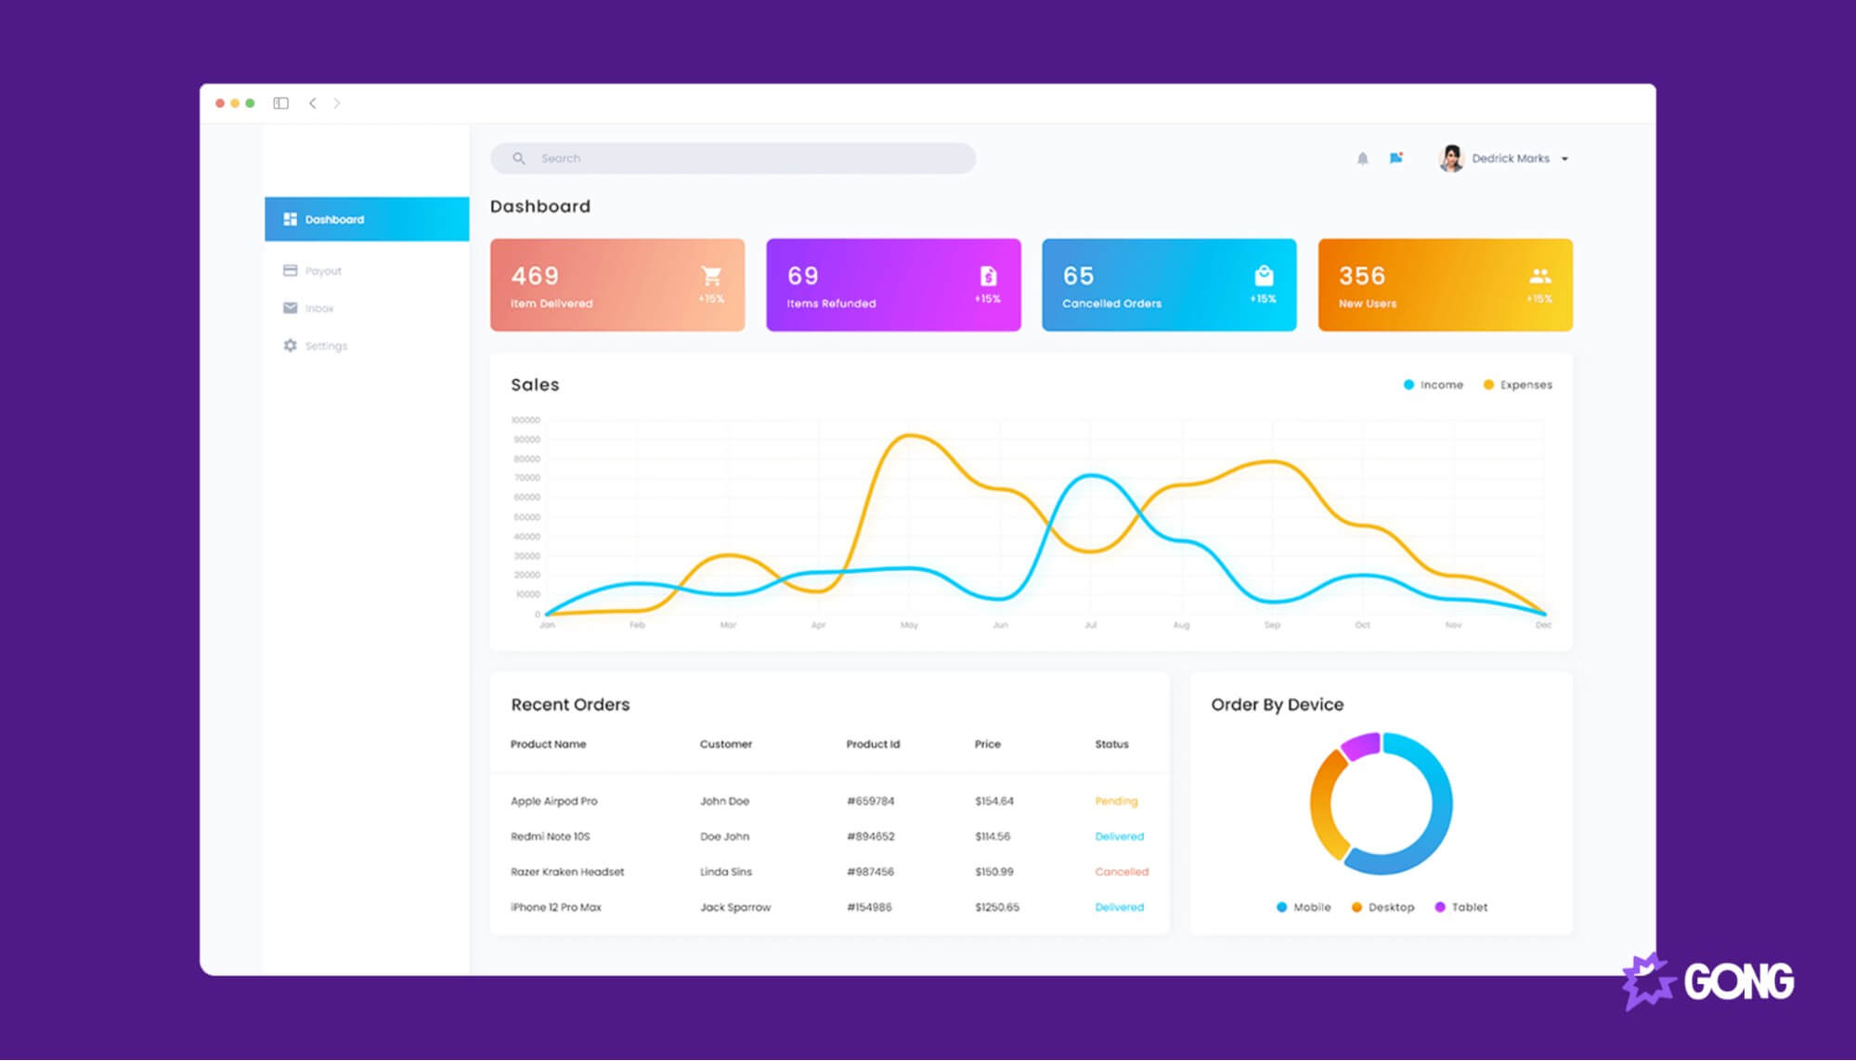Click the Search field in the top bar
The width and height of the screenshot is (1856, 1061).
tap(733, 159)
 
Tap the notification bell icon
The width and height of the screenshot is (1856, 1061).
tap(1362, 159)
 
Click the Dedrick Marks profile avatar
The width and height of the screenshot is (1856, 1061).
tap(1450, 159)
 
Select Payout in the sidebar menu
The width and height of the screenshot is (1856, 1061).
tap(322, 271)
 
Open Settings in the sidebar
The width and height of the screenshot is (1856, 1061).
tap(325, 346)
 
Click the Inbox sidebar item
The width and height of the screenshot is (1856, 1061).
tap(318, 308)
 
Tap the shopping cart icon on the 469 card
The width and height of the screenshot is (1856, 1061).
tap(711, 276)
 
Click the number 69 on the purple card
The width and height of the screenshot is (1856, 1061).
tap(802, 276)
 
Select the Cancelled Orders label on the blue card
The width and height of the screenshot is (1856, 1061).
tap(1111, 304)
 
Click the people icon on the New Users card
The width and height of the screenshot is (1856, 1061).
tap(1539, 276)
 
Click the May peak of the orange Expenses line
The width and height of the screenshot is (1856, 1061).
tap(910, 435)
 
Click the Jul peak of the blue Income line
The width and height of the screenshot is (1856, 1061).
tap(1092, 476)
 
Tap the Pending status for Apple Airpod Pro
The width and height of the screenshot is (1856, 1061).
tap(1116, 801)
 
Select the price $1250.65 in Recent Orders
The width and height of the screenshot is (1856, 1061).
tap(996, 908)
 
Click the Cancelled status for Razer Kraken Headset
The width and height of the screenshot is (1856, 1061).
tap(1122, 873)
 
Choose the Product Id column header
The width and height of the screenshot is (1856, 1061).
tap(873, 744)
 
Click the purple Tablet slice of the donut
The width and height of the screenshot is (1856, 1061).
tap(1361, 745)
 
